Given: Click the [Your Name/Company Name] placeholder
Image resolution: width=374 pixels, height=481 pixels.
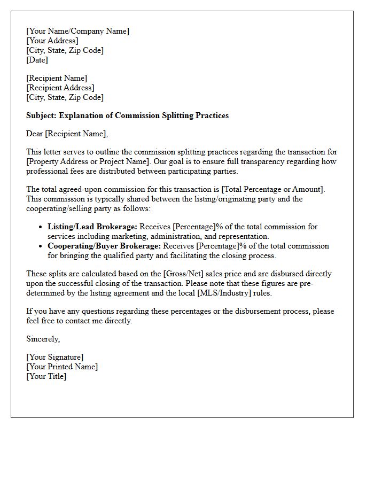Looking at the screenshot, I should [77, 31].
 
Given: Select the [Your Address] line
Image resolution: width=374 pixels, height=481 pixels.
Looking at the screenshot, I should [52, 41].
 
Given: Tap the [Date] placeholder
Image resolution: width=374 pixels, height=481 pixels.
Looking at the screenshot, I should [37, 60].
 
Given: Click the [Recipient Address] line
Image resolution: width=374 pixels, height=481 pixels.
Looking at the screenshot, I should [60, 88].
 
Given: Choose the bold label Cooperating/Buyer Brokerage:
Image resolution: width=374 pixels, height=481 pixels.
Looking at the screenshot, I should [104, 246].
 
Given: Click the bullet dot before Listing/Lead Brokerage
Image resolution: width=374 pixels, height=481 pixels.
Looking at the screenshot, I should [41, 227].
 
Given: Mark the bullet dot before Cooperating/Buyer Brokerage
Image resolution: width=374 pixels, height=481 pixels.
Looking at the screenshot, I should [41, 246].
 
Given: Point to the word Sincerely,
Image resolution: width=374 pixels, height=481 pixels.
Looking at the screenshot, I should [43, 339].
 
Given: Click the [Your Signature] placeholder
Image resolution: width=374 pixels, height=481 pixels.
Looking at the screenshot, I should [54, 357].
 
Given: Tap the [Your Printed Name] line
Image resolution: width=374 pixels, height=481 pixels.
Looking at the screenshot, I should [62, 367].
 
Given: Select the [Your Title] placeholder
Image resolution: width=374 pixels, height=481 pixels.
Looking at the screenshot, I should [46, 376].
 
